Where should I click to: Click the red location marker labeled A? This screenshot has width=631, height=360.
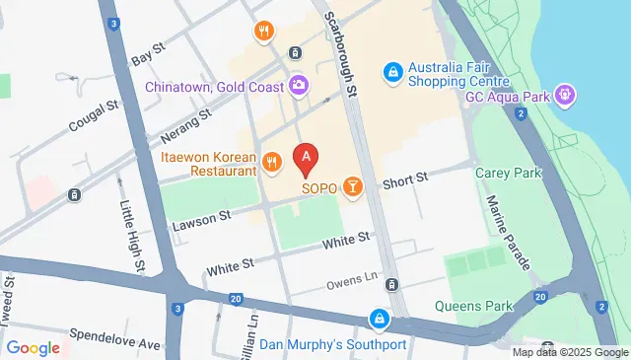(x=308, y=157)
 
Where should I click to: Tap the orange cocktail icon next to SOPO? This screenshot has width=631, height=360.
(x=353, y=185)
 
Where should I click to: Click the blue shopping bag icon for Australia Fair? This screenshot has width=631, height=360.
(x=392, y=71)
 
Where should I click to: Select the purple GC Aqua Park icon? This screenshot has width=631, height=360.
(x=564, y=95)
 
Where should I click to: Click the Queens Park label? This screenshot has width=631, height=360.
(x=481, y=306)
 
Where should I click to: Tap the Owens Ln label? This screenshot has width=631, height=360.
(x=352, y=282)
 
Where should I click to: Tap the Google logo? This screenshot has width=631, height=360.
(x=33, y=347)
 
